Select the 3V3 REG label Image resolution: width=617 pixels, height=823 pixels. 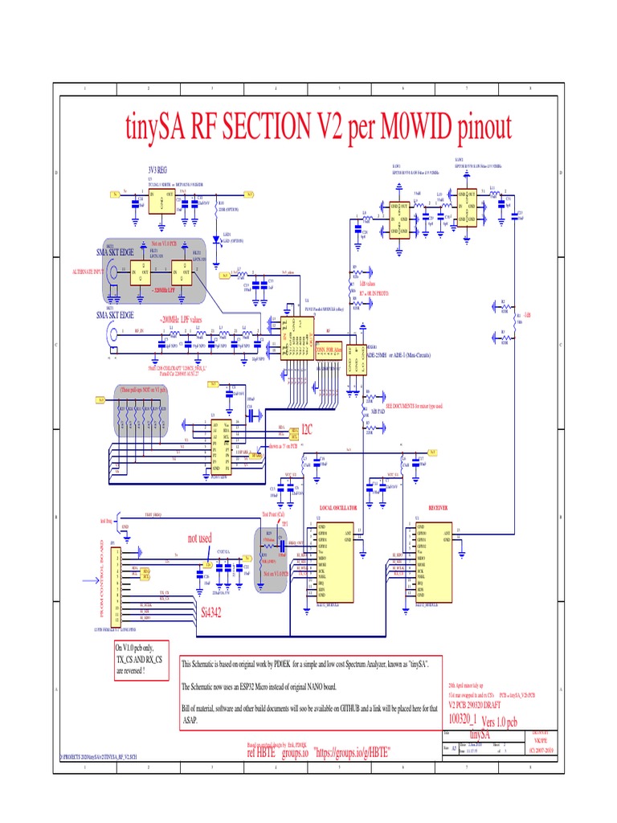point(157,170)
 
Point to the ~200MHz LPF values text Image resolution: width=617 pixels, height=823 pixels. point(193,319)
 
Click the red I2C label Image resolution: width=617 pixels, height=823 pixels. point(307,432)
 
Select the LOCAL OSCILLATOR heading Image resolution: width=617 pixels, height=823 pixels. point(337,508)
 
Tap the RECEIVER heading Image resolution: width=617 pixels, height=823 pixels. point(438,508)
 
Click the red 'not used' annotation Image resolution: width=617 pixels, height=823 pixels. point(199,538)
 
